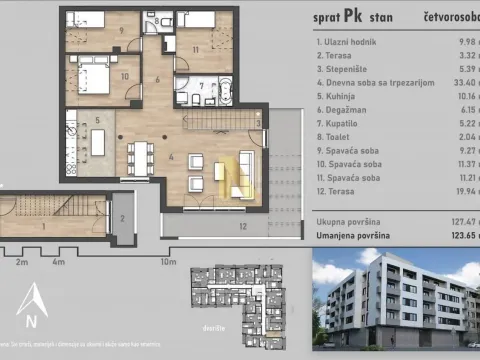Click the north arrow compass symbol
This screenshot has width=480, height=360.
pyautogui.click(x=34, y=304)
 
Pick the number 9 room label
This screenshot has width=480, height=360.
pyautogui.click(x=121, y=31)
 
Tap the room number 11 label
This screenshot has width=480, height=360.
pyautogui.click(x=197, y=49)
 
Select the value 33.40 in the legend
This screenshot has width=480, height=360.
pyautogui.click(x=459, y=84)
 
